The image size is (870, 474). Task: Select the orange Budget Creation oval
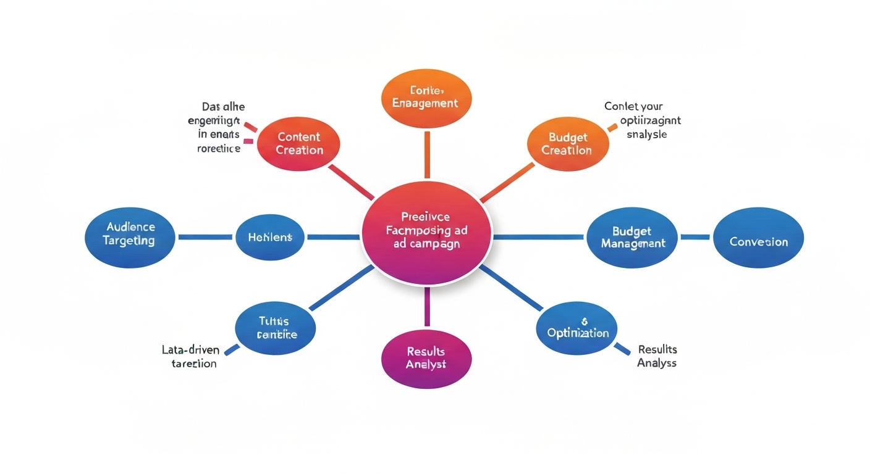point(567,143)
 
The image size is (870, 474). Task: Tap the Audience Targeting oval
point(129,235)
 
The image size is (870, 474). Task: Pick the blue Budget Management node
point(632,237)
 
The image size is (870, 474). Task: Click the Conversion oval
point(758,241)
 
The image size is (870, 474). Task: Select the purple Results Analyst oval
point(426,357)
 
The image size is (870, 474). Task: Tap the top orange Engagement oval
point(426,97)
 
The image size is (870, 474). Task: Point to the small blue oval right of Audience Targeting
point(269,237)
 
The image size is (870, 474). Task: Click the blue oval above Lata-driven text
point(276,328)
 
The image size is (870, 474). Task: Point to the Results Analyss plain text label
point(657,357)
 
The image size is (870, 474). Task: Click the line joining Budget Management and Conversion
point(695,237)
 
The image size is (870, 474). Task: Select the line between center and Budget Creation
point(507,183)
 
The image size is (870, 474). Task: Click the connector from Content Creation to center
point(350,182)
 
